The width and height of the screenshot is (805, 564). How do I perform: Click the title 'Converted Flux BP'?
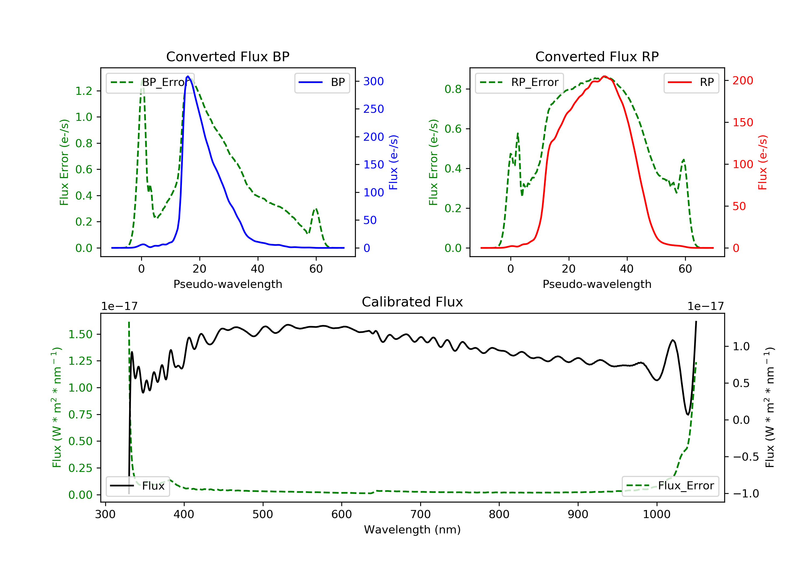pyautogui.click(x=228, y=56)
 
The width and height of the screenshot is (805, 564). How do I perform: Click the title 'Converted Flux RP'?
pyautogui.click(x=597, y=56)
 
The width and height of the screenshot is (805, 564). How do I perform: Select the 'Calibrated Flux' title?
pyautogui.click(x=412, y=302)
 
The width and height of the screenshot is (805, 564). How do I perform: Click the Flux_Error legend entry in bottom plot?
pyautogui.click(x=670, y=486)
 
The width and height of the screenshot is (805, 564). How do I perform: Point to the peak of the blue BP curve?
pyautogui.click(x=188, y=76)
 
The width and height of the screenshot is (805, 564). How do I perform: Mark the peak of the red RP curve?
pyautogui.click(x=604, y=76)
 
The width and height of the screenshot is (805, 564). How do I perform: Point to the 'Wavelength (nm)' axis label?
pyautogui.click(x=412, y=530)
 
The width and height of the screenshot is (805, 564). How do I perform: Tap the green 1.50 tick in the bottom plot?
pyautogui.click(x=80, y=334)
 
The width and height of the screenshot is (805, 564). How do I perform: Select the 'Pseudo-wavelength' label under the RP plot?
pyautogui.click(x=597, y=284)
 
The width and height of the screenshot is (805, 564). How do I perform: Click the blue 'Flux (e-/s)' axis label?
pyautogui.click(x=393, y=162)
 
